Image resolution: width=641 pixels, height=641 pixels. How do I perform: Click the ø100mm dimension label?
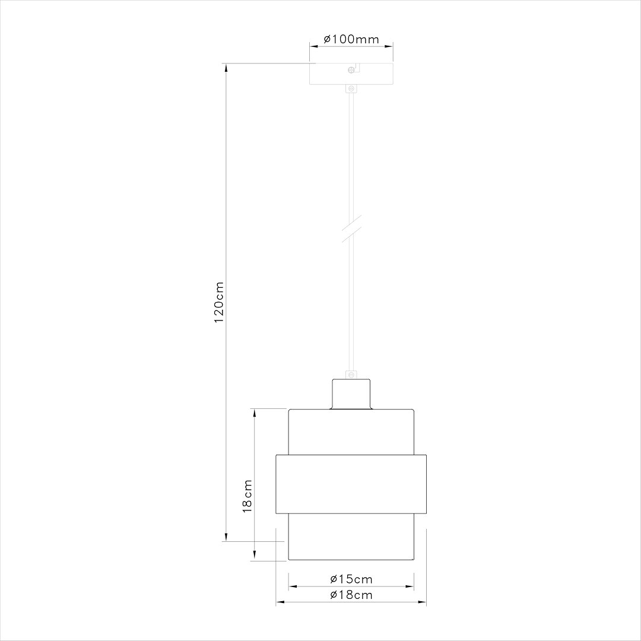coord(351,39)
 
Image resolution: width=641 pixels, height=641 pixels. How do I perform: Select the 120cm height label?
coord(219,302)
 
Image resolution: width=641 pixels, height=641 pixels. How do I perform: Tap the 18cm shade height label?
coord(248,496)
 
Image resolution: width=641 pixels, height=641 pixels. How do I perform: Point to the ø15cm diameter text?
coord(351,579)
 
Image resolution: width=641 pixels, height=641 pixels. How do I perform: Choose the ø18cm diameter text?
coord(351,595)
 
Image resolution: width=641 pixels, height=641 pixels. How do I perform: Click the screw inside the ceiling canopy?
coord(351,71)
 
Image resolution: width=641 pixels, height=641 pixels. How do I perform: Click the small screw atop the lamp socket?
coord(351,375)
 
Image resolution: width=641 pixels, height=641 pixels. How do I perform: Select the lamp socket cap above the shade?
coord(351,394)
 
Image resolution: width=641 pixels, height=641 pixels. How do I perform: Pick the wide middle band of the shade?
coord(351,483)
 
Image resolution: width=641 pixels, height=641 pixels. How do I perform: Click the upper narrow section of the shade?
coord(351,432)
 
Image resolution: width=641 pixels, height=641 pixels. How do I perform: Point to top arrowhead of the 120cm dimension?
coord(226,67)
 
